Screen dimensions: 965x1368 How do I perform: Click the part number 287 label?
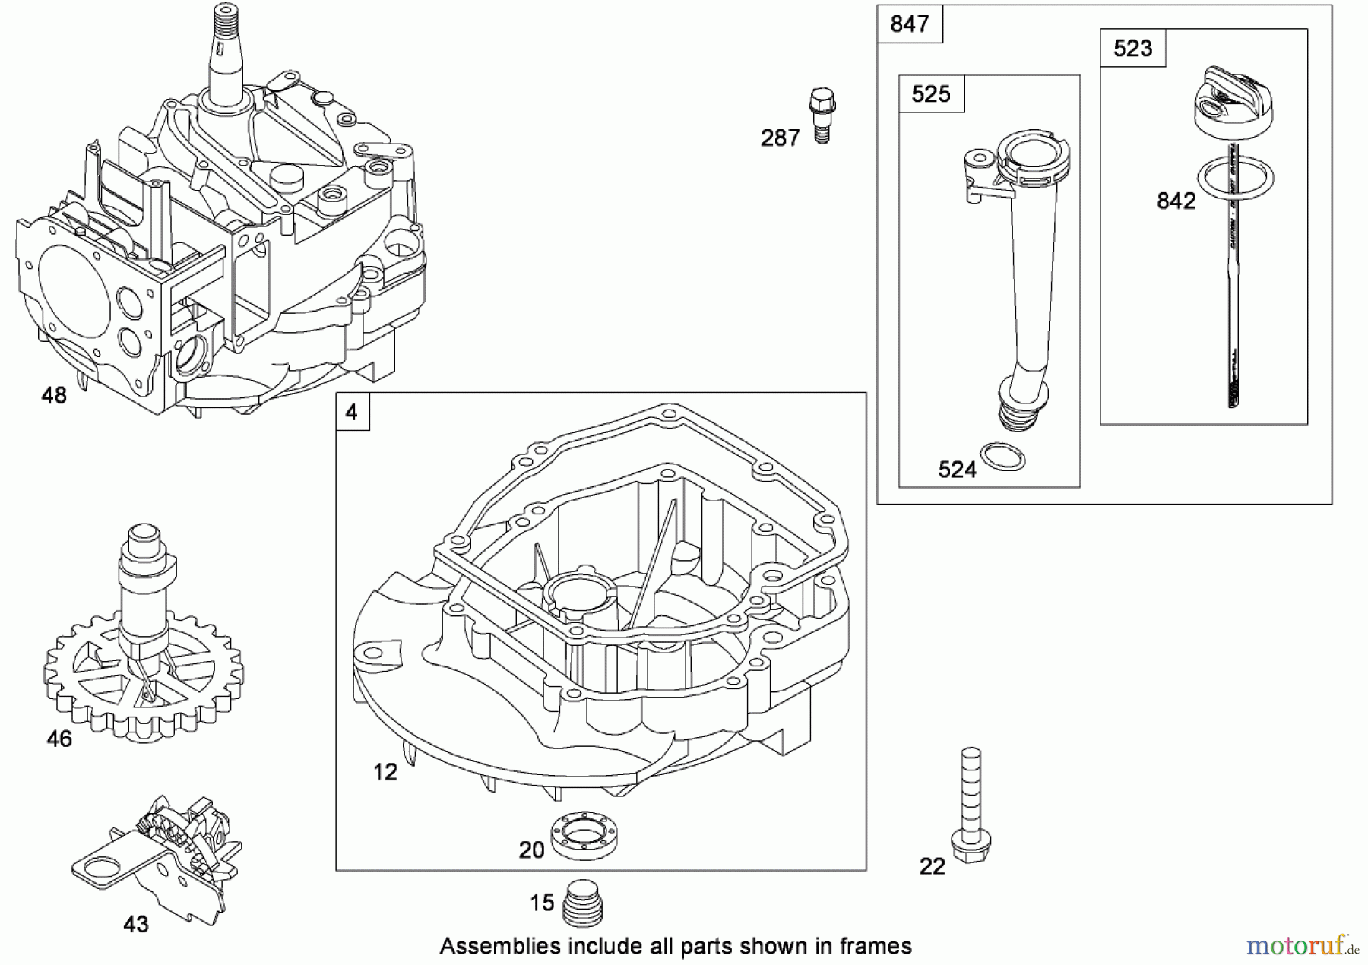[x=780, y=138]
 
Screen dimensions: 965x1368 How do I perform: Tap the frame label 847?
[x=909, y=24]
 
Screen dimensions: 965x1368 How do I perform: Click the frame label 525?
[x=930, y=94]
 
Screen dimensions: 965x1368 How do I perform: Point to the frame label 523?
[x=1132, y=49]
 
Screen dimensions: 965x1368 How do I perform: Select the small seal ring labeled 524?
[x=1002, y=457]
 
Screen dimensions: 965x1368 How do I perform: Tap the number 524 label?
[x=957, y=470]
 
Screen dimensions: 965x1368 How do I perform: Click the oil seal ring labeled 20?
[x=583, y=835]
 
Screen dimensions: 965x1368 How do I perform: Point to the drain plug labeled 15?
[x=583, y=903]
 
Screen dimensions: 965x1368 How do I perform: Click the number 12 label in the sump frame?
[x=385, y=772]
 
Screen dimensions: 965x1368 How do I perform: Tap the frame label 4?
[x=352, y=413]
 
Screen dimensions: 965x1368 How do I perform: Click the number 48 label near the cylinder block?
[x=54, y=395]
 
